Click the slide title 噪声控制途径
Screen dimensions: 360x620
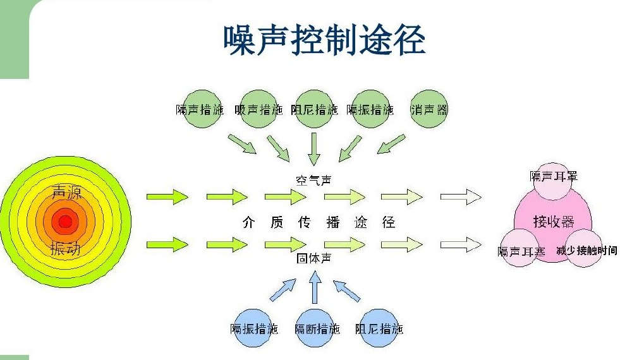click(324, 40)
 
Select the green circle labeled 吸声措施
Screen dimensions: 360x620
click(258, 109)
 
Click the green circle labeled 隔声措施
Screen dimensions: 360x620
click(200, 109)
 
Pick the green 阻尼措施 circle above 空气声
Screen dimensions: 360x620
click(314, 109)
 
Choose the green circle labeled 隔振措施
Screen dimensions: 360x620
click(370, 109)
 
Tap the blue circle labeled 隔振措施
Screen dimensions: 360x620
click(254, 328)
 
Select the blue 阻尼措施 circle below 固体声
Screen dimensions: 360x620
click(379, 328)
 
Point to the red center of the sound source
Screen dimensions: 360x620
click(65, 222)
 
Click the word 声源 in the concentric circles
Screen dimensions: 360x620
click(66, 193)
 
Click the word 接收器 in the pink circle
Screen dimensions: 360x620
click(554, 222)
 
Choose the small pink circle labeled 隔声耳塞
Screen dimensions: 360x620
click(521, 251)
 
